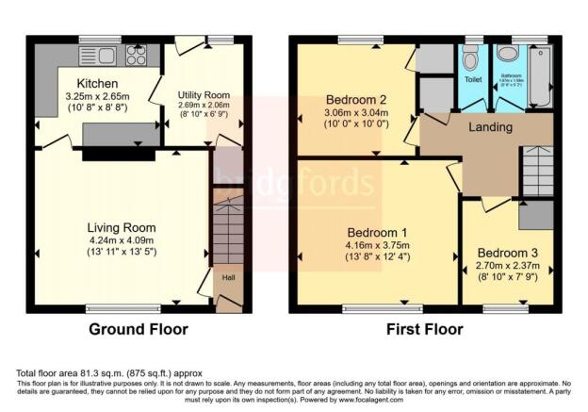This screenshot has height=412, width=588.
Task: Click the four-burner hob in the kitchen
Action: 136,56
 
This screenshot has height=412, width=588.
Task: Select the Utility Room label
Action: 204,94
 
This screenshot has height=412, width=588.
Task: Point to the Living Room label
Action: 122,227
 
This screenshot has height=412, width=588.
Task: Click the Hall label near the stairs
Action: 228,277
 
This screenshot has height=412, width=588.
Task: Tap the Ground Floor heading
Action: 138,330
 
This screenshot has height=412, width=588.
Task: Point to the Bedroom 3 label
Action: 508,253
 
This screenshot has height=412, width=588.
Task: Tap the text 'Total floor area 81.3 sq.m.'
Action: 75,373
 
